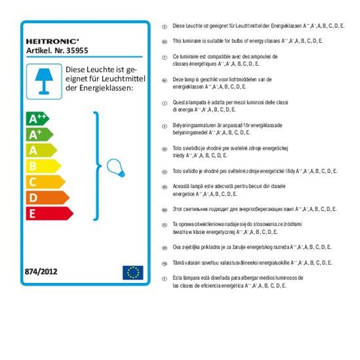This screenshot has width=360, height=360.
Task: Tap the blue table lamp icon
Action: click(x=44, y=81)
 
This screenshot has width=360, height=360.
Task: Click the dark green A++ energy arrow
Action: click(x=37, y=119)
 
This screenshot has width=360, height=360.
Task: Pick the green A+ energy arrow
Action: click(x=39, y=135)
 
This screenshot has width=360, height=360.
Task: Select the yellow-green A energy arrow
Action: click(x=41, y=150)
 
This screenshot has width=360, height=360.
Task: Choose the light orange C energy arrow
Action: click(x=45, y=182)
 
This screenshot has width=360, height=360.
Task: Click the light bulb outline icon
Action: click(x=115, y=167)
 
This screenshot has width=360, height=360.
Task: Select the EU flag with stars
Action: click(x=133, y=272)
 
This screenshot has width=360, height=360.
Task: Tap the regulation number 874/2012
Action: click(x=41, y=271)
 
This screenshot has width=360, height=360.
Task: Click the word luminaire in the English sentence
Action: click(x=192, y=41)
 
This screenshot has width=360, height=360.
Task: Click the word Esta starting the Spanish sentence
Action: click(x=177, y=278)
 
